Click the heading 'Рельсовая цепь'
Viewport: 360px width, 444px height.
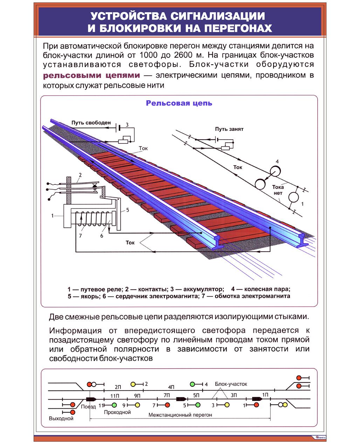179,103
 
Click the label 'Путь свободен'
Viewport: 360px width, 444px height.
91,123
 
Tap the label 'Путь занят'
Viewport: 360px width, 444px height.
229,129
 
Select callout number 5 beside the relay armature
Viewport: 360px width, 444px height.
127,210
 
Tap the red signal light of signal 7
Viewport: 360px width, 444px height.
167,405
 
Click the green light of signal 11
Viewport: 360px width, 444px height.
114,405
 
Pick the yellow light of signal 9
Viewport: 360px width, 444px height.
137,405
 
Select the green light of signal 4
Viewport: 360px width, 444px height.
192,384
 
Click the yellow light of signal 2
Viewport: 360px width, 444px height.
133,384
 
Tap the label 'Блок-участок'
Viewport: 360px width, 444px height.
231,384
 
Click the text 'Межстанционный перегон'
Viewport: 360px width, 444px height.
180,415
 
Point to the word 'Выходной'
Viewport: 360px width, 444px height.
61,418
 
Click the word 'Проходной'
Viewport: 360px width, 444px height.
117,412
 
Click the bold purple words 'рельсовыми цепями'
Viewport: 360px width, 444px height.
91,75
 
